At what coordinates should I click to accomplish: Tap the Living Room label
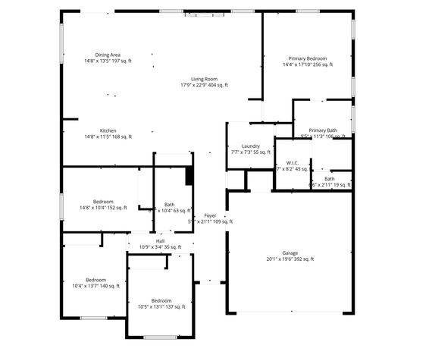click(204, 79)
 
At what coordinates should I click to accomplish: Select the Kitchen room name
click(108, 130)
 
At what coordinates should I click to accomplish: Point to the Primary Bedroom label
click(307, 58)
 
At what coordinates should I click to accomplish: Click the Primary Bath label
click(324, 130)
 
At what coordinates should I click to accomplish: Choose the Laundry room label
click(251, 146)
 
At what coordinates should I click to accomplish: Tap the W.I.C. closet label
click(293, 163)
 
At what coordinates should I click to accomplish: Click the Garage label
click(290, 253)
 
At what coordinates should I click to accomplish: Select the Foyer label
click(210, 216)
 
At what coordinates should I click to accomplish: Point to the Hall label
click(161, 240)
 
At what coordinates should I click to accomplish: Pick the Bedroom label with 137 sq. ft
click(161, 300)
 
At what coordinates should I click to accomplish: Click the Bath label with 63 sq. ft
click(170, 205)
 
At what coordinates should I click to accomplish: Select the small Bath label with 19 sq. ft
click(329, 179)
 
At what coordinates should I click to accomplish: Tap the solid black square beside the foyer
click(189, 175)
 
